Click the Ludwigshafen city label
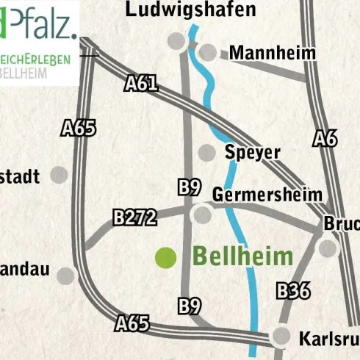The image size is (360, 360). tap(190, 9)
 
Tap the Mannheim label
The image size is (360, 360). tap(272, 53)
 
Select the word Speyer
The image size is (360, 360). tap(253, 152)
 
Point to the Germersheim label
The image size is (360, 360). tap(267, 195)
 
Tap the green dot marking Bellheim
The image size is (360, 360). tap(165, 257)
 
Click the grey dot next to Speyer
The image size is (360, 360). tap(208, 153)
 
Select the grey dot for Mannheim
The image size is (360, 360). tap(209, 52)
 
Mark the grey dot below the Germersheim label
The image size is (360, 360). tap(201, 215)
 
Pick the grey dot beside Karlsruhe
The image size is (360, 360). tap(281, 336)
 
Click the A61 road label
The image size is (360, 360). tap(142, 83)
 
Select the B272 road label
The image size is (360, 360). tap(135, 217)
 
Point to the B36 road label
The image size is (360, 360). tap(293, 291)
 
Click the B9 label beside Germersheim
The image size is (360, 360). tap(190, 187)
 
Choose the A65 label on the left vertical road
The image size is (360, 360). tap(79, 129)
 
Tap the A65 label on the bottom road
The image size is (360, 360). tap(133, 323)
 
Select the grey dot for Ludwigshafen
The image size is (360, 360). tap(176, 40)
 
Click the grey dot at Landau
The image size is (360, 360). tap(67, 276)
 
